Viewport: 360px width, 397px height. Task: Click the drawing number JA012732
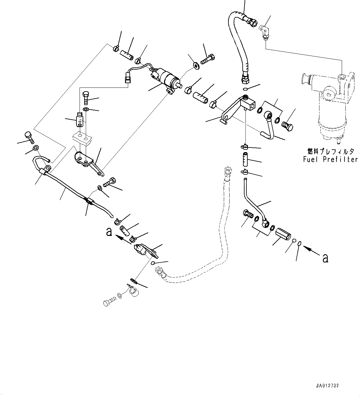click(327, 386)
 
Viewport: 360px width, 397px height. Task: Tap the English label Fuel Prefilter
click(330, 160)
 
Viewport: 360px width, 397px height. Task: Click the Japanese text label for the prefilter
click(330, 152)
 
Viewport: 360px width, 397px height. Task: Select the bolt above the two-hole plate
click(86, 97)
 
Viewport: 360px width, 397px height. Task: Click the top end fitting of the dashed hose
click(228, 170)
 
